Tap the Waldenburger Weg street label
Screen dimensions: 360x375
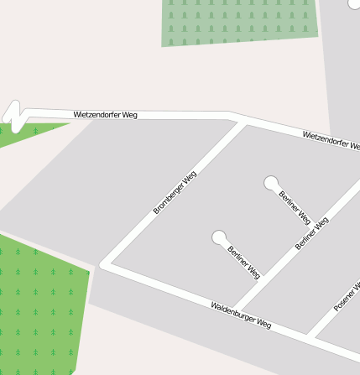click(241, 315)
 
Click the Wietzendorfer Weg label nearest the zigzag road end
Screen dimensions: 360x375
click(105, 114)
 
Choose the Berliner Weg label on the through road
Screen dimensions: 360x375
click(312, 232)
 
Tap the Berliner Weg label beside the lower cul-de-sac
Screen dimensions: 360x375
click(243, 262)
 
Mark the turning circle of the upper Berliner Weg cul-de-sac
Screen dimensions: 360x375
click(271, 182)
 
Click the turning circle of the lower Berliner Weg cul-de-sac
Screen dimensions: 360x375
click(220, 237)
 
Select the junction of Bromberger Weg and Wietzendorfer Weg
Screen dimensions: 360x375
click(242, 122)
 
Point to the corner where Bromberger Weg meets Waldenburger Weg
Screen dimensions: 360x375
click(105, 264)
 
